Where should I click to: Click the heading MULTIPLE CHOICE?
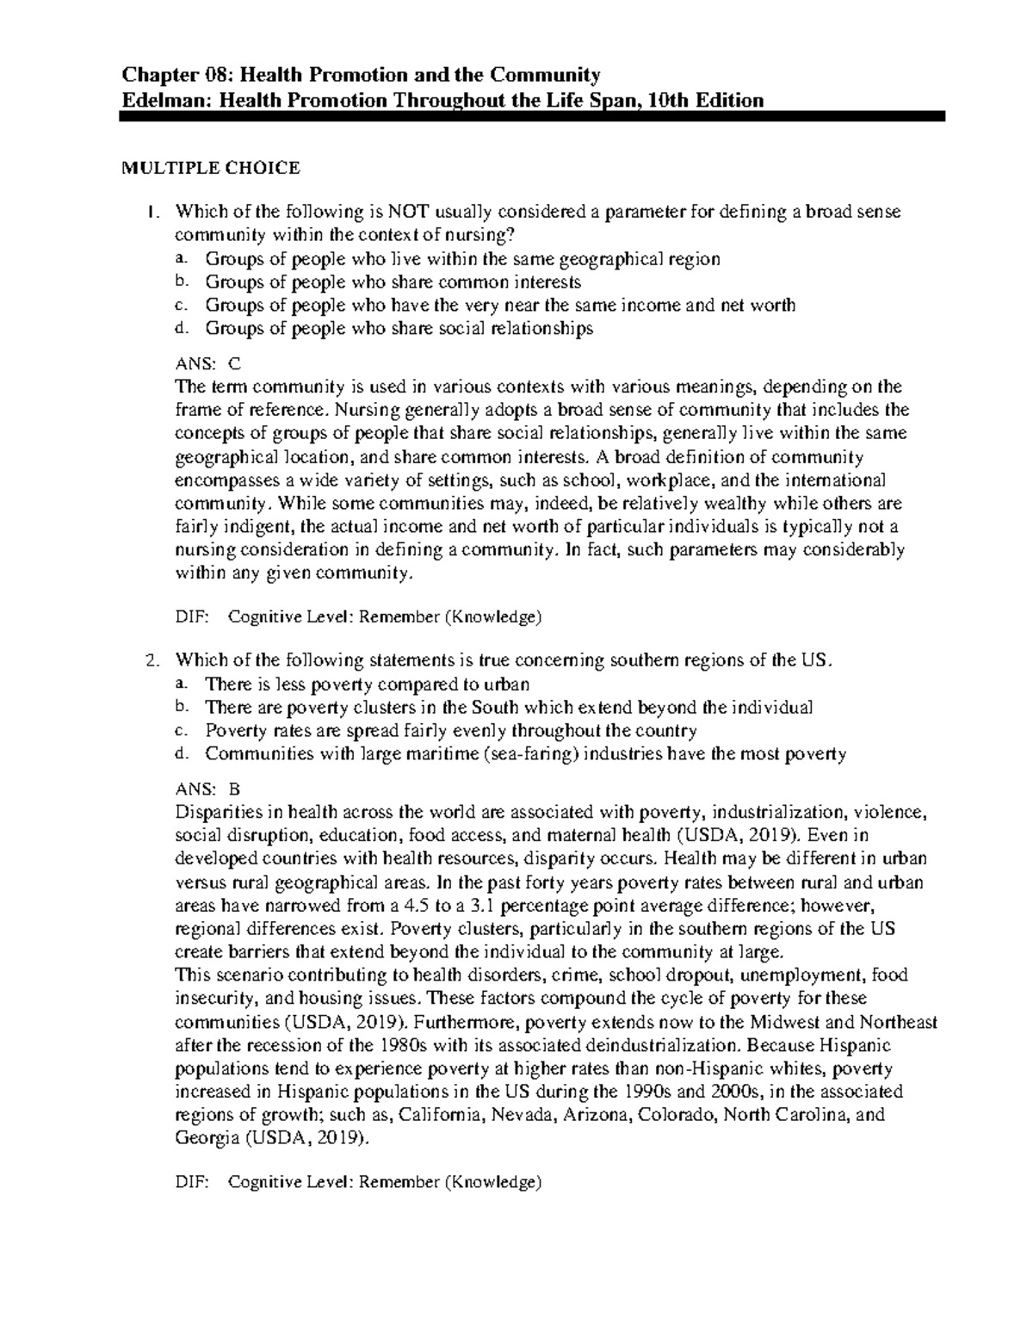(x=210, y=168)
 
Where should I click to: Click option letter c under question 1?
(x=179, y=305)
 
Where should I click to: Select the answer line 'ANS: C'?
(x=208, y=363)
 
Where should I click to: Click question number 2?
(x=152, y=661)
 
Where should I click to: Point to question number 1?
(x=152, y=213)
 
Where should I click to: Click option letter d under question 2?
(x=179, y=754)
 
